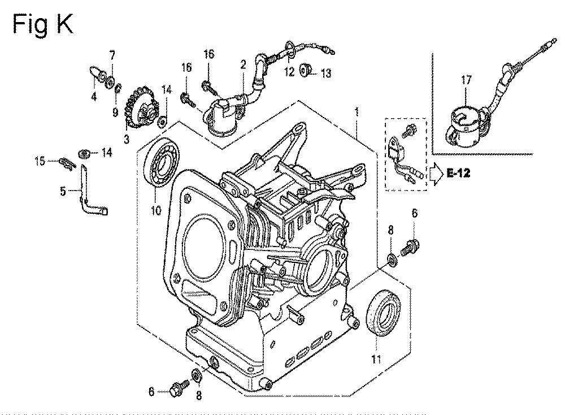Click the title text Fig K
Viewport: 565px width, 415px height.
[x=42, y=24]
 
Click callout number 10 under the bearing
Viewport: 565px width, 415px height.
[x=156, y=210]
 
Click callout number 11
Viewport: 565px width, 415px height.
[x=376, y=358]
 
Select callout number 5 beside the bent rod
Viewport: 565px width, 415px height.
[x=63, y=192]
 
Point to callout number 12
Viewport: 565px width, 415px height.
[x=289, y=71]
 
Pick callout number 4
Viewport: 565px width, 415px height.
[x=94, y=96]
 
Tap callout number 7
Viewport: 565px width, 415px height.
[x=112, y=55]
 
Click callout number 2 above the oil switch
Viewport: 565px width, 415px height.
[x=243, y=66]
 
